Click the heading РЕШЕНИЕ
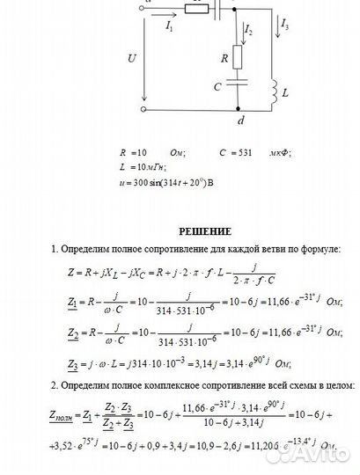point(205,231)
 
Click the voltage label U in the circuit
point(132,59)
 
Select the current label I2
point(249,33)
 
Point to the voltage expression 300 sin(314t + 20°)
point(167,181)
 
